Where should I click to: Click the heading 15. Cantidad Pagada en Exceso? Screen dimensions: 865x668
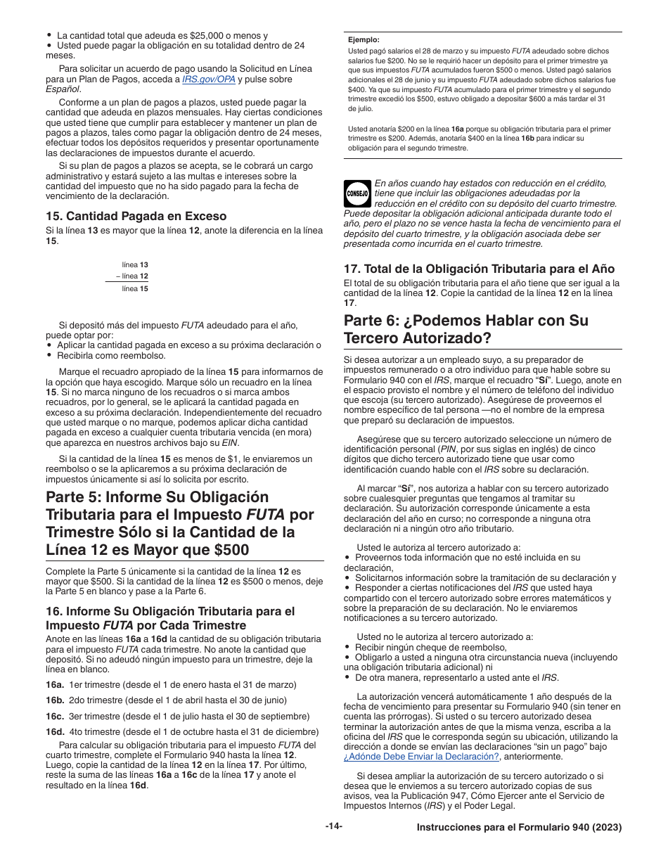pyautogui.click(x=136, y=216)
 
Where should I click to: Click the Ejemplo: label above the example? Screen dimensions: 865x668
pyautogui.click(x=364, y=40)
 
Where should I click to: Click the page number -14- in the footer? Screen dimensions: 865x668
pyautogui.click(x=333, y=827)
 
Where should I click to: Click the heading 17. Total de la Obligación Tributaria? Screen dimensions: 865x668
pyautogui.click(x=479, y=269)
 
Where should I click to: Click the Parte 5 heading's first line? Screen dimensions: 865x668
pyautogui.click(x=157, y=496)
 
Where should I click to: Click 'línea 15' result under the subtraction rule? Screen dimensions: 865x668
pyautogui.click(x=134, y=288)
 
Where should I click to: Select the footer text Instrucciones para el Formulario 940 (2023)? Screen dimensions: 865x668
pyautogui.click(x=518, y=828)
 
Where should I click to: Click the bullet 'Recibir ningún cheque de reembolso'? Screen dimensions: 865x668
pyautogui.click(x=430, y=647)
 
